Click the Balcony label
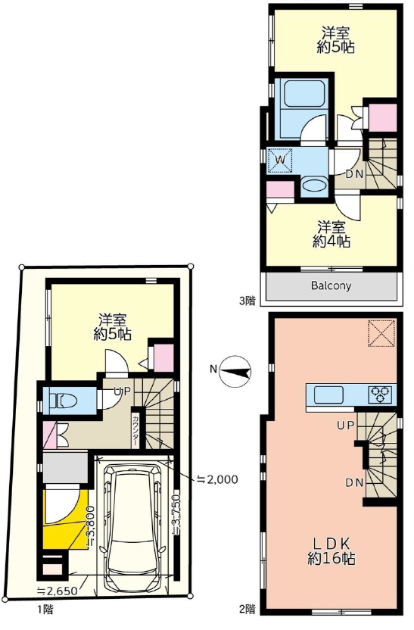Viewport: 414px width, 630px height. tap(331, 285)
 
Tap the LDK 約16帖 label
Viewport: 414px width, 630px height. tap(332, 551)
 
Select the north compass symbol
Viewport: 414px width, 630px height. tap(236, 371)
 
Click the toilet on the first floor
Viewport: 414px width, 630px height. tap(61, 401)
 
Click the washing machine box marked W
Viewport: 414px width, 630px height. tap(281, 161)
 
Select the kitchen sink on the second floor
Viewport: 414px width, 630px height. tap(328, 395)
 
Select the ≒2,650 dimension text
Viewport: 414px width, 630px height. tap(57, 590)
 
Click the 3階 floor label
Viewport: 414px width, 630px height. tap(247, 301)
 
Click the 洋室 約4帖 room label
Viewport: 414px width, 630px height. tap(332, 234)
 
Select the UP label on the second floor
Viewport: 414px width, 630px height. tap(345, 426)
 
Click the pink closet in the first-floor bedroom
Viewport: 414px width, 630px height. tap(163, 357)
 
